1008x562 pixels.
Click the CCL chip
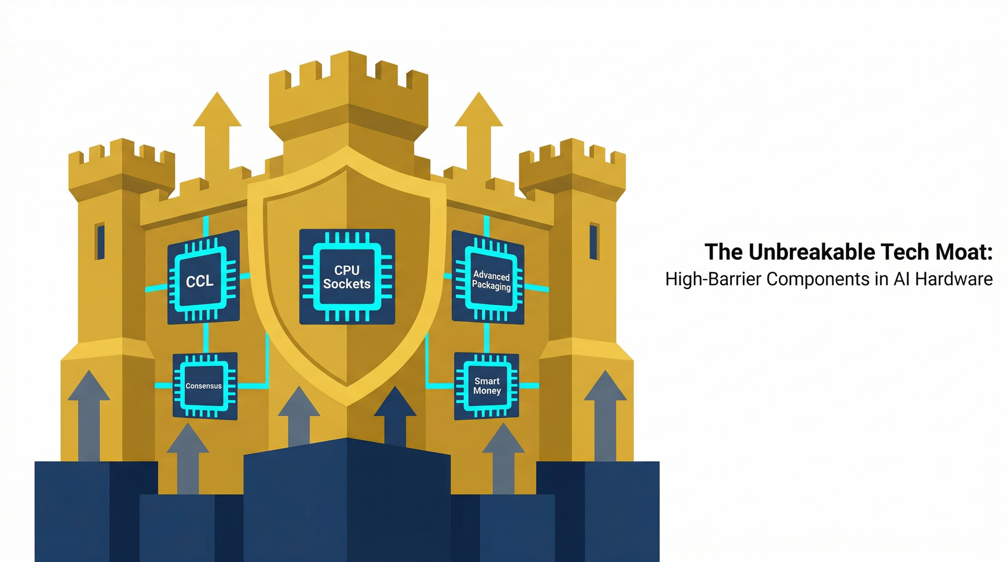203,277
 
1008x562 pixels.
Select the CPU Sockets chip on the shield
347,276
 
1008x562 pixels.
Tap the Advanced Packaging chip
488,277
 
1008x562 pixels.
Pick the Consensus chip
205,386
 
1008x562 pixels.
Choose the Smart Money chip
486,386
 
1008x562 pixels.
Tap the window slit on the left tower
100,242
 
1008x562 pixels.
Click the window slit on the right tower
594,242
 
